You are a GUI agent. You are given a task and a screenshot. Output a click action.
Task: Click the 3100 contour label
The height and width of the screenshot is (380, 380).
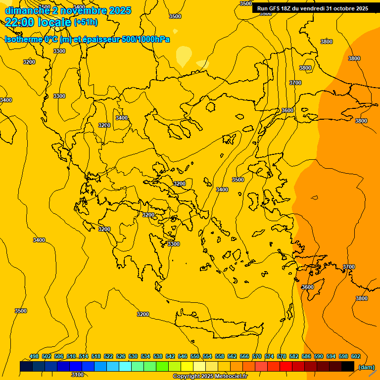78,375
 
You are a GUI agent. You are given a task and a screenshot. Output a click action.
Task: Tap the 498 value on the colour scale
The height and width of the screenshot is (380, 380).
34,356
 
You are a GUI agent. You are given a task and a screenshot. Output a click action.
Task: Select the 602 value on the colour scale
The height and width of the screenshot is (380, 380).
356,356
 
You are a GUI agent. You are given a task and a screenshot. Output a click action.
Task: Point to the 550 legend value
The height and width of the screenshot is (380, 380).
195,356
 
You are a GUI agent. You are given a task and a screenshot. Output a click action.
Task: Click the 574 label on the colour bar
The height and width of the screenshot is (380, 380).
269,356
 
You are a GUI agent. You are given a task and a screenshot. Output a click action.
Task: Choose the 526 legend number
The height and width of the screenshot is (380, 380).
121,356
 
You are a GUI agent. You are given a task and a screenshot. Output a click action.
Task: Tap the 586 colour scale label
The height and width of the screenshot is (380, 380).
306,356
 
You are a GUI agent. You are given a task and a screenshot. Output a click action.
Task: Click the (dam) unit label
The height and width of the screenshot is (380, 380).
367,367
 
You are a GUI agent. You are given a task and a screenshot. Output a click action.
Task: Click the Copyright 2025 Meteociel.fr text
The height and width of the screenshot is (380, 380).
210,377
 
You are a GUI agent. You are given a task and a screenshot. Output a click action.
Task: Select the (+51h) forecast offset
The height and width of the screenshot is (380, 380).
86,22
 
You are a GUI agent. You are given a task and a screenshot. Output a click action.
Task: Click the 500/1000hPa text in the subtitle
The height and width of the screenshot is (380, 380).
146,39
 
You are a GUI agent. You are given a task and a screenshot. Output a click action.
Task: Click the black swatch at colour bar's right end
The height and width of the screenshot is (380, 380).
348,366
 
